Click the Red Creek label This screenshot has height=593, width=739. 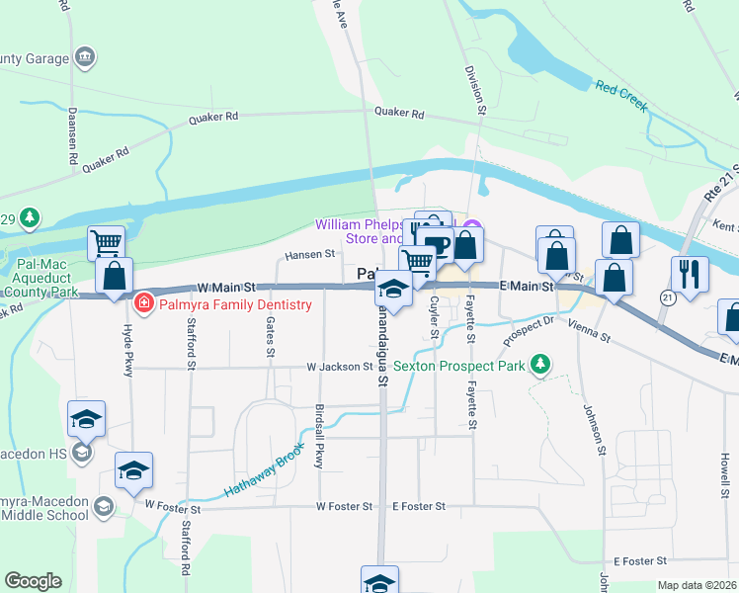(619, 94)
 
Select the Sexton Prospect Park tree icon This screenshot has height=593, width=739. (539, 365)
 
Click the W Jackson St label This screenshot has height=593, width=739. (339, 367)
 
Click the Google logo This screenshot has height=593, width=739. (33, 581)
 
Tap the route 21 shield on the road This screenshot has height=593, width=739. (668, 296)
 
